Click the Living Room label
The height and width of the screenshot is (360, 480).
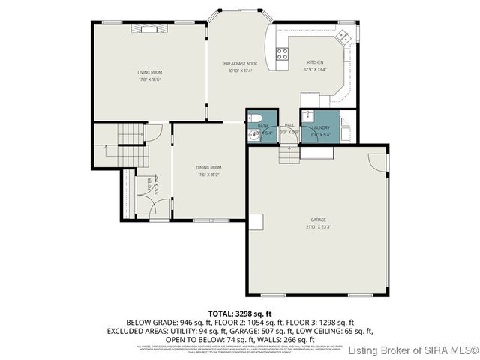[150, 72]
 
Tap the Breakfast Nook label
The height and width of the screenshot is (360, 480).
[241, 64]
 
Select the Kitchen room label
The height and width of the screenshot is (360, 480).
[315, 62]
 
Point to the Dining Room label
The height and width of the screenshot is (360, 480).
[209, 167]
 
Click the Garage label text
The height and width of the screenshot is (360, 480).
[318, 220]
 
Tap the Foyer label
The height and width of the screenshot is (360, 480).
[149, 182]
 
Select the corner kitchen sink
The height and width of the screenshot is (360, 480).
[344, 35]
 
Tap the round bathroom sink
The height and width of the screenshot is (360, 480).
[253, 135]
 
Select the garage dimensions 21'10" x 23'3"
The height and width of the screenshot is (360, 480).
[318, 226]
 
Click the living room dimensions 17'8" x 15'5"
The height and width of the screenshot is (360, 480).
[150, 79]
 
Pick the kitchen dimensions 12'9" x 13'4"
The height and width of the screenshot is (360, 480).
[315, 69]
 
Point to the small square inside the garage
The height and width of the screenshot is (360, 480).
[256, 221]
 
